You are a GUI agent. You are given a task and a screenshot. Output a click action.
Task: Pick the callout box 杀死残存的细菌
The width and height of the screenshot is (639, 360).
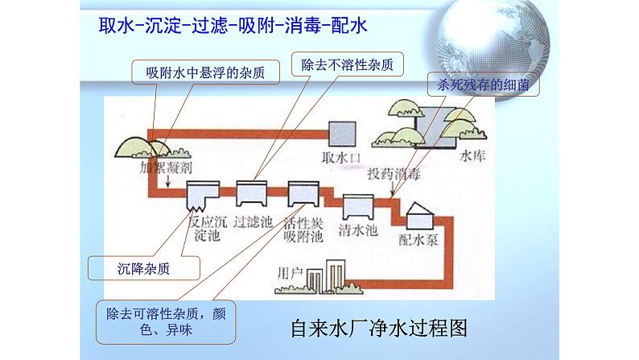tap(483, 84)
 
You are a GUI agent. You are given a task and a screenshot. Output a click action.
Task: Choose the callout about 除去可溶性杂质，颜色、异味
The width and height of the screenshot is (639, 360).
tap(163, 321)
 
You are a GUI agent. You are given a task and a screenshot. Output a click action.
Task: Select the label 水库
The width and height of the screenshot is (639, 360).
tap(474, 158)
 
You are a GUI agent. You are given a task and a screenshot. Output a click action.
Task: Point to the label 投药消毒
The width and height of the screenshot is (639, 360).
tap(394, 174)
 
